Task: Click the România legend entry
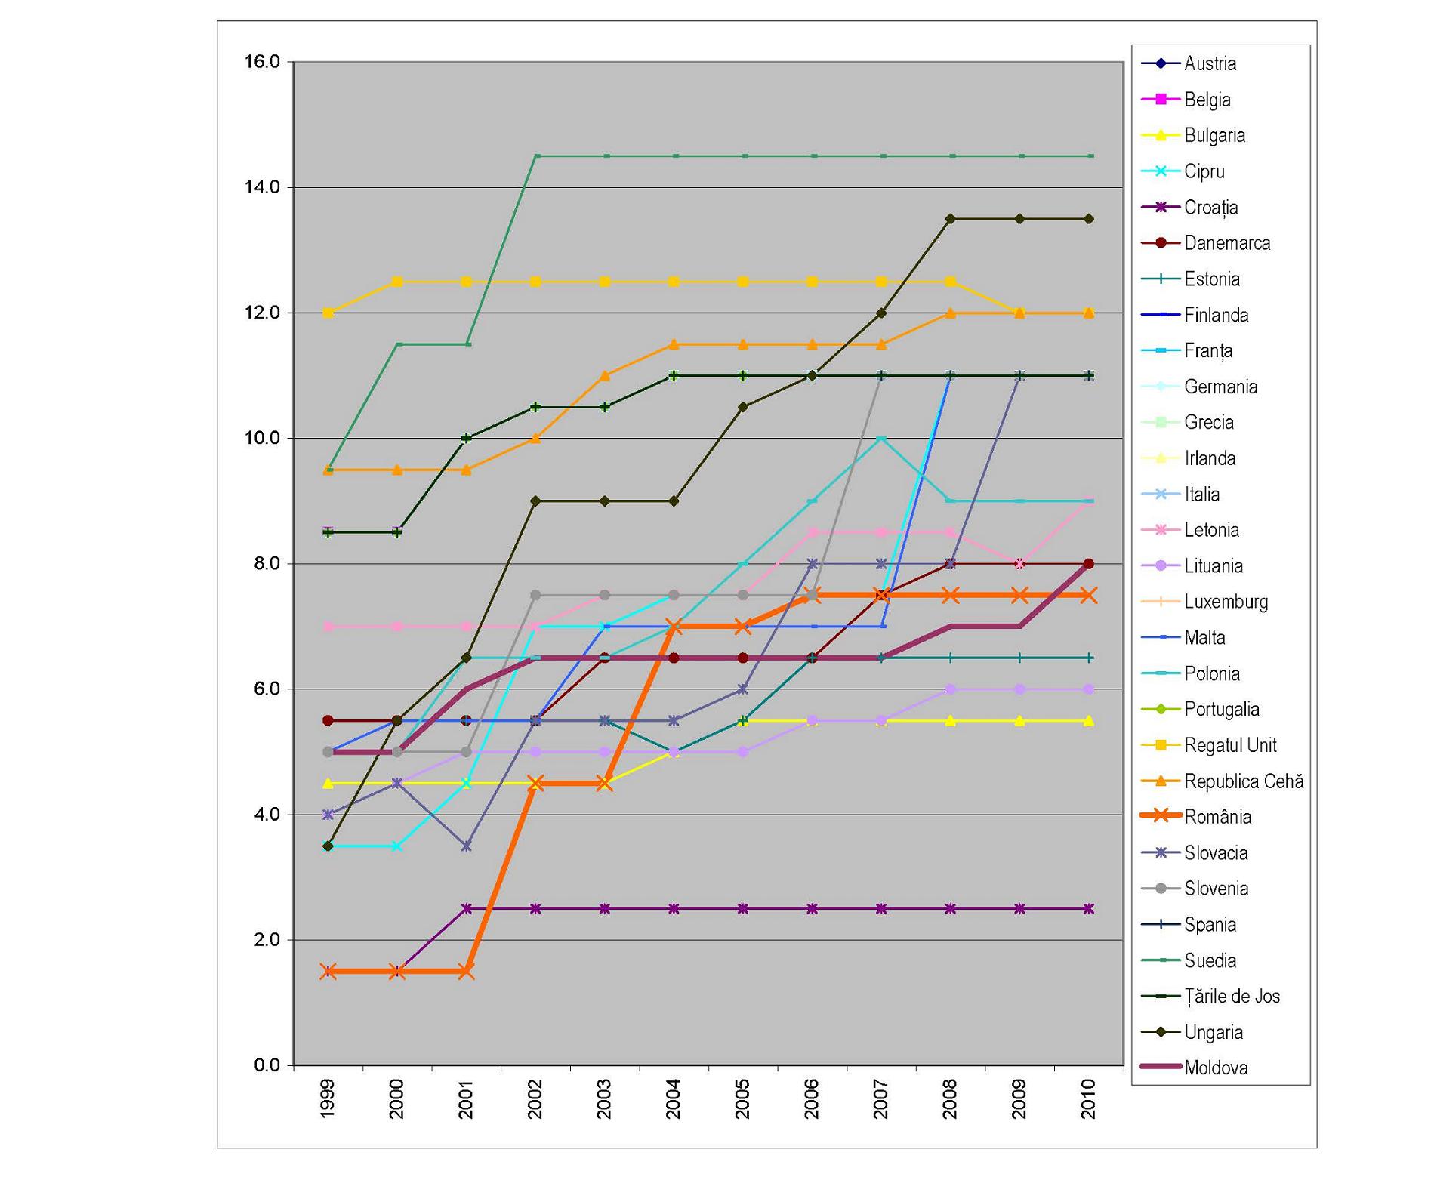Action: click(x=1217, y=817)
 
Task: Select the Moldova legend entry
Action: click(x=1216, y=1068)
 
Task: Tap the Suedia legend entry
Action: click(x=1210, y=960)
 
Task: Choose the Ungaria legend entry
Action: click(x=1214, y=1032)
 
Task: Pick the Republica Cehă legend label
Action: click(x=1244, y=781)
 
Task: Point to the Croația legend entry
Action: click(x=1210, y=207)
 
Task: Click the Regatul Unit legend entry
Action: click(x=1230, y=745)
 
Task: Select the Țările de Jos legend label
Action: click(x=1232, y=996)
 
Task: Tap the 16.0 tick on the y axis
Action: click(x=262, y=62)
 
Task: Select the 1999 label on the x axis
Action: click(x=328, y=1098)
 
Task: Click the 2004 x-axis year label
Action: click(x=674, y=1098)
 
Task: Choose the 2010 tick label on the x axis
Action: click(x=1089, y=1098)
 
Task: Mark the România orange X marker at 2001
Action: click(x=467, y=972)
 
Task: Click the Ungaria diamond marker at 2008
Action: click(x=951, y=219)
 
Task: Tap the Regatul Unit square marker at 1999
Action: click(x=328, y=313)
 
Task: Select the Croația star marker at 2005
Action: click(x=743, y=909)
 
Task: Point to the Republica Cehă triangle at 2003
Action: click(x=605, y=375)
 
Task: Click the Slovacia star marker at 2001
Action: click(x=467, y=846)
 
